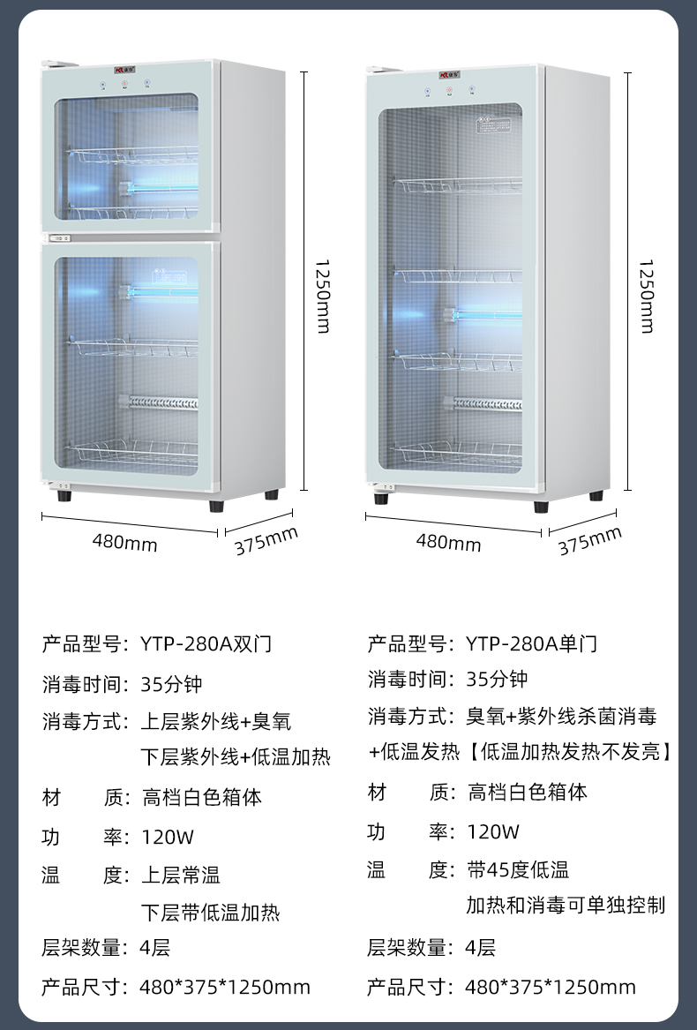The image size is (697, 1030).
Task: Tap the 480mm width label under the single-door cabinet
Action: click(448, 542)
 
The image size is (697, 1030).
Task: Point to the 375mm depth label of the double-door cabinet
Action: click(266, 541)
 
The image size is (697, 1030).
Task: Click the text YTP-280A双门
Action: click(206, 644)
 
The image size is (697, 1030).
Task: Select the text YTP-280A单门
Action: click(531, 644)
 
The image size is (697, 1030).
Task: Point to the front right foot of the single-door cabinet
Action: click(540, 507)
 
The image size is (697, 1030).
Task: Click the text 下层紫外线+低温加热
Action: click(236, 757)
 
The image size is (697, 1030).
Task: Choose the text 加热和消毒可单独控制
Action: click(566, 906)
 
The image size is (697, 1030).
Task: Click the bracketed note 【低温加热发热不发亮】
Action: click(569, 752)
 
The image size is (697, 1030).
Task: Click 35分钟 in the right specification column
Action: click(497, 680)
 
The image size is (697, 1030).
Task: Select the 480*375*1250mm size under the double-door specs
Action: click(225, 987)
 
